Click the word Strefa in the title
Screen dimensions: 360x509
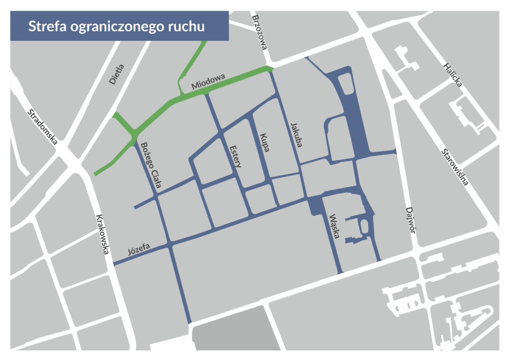[x=47, y=26]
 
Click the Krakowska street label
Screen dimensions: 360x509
[x=102, y=231]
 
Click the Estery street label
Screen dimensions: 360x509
[x=236, y=156]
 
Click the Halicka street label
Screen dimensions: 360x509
[x=452, y=75]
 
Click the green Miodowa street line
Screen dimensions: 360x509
[x=238, y=77]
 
